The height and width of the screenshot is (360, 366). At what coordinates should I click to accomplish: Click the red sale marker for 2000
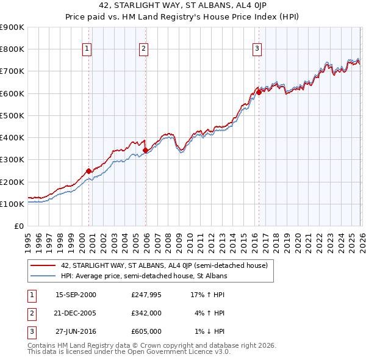(89, 171)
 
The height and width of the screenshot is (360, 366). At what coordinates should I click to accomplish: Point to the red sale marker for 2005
(145, 150)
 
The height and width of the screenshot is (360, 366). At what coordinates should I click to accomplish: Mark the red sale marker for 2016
(259, 92)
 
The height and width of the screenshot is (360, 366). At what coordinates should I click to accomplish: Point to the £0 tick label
(19, 226)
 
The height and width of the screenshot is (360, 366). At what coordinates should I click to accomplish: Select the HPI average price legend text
(144, 276)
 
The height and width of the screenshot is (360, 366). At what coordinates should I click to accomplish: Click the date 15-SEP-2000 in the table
(76, 295)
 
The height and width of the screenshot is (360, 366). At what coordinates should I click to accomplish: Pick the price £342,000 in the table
(146, 313)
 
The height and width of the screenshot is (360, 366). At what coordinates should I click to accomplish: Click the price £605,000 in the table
(146, 331)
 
